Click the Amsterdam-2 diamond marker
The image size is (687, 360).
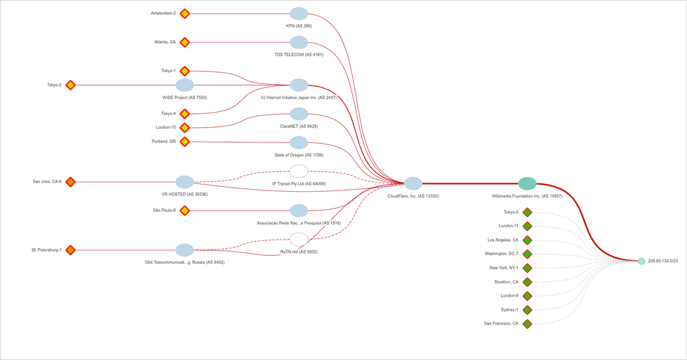184,13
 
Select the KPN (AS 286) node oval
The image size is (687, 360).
299,14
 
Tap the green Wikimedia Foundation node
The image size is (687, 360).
527,183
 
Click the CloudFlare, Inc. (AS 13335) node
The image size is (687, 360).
413,183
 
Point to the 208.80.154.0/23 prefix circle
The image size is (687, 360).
642,261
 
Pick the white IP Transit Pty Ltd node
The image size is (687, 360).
299,171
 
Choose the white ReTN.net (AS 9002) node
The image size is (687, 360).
299,239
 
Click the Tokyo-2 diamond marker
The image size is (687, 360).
70,85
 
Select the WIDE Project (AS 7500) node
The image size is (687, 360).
184,85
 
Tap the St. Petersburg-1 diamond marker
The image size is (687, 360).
70,250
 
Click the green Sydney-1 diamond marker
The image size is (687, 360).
527,310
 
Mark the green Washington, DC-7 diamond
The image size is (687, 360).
527,254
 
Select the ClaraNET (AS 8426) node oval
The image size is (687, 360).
299,114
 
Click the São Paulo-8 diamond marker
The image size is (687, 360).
184,211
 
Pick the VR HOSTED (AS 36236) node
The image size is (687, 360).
184,182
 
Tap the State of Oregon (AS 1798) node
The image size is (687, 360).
299,143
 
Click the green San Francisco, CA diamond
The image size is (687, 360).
527,324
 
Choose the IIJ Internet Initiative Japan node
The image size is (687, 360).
299,85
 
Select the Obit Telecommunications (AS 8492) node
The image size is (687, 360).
184,250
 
